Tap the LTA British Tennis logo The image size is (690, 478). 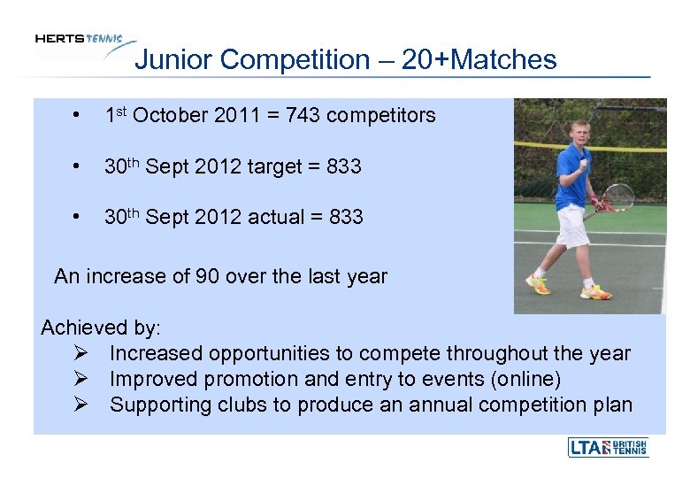click(608, 447)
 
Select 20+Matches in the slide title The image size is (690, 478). click(479, 60)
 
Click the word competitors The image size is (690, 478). click(382, 115)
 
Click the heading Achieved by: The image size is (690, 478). click(101, 328)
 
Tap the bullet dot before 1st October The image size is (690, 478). click(80, 116)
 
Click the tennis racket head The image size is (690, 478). click(618, 197)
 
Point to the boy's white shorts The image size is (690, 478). click(572, 226)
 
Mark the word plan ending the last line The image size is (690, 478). click(612, 405)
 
